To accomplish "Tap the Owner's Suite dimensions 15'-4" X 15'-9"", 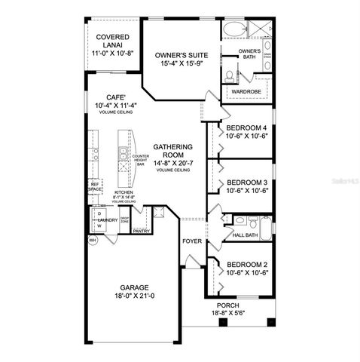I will click(180, 65).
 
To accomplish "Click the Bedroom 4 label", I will click(247, 128).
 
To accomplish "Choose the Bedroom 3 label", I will click(247, 183).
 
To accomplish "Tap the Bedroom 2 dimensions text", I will click(247, 273).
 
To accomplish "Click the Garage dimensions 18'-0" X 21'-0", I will click(133, 296).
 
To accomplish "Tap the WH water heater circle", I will click(93, 240).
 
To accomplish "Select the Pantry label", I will click(142, 232).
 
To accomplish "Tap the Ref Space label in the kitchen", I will click(95, 186).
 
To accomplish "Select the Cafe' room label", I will click(114, 97).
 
